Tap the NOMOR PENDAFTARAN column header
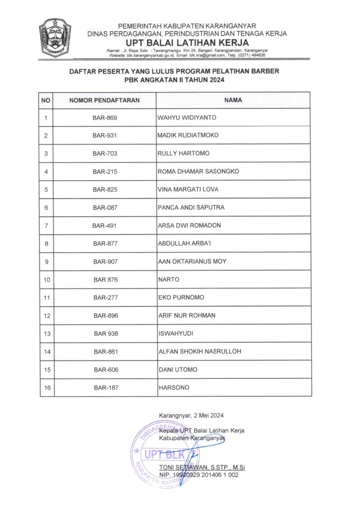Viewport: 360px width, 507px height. point(104,100)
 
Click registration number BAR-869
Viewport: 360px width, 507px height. point(104,118)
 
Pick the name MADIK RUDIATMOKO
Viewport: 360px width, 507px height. point(188,136)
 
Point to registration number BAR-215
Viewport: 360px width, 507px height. point(104,172)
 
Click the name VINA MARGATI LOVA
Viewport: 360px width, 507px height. point(188,190)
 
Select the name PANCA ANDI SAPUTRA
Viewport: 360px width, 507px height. point(191,207)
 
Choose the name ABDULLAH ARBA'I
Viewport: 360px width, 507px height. point(184,244)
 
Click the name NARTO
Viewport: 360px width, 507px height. point(168,280)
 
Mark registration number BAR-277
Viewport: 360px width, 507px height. point(104,298)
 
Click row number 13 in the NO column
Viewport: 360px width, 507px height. point(48,334)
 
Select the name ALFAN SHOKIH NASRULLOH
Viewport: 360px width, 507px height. point(199,352)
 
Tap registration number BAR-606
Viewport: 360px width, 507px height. point(105,370)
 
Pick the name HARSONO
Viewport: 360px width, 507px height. point(173,388)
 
